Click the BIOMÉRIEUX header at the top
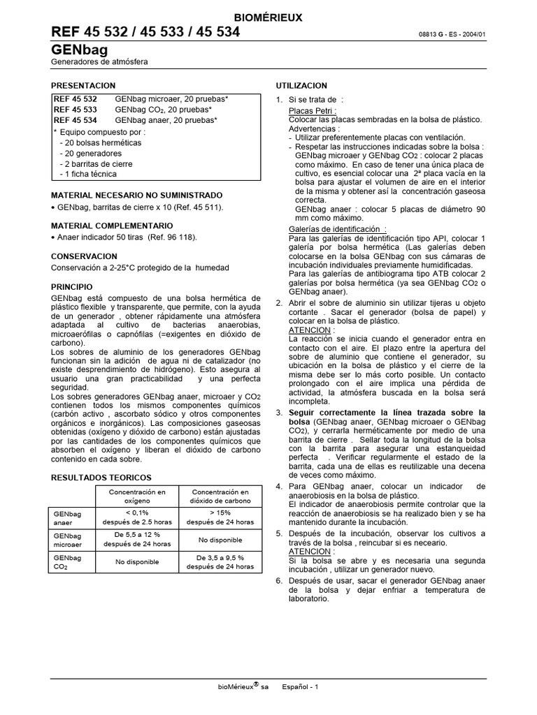pos(268,18)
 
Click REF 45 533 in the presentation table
pos(76,110)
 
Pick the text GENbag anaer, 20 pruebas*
pos(166,120)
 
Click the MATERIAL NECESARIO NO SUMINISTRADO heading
pos(137,195)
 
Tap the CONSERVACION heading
pos(84,256)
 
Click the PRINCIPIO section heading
pos(72,287)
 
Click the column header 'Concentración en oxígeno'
pos(136,496)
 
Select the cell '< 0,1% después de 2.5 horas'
pos(136,517)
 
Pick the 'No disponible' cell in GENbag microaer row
pos(220,540)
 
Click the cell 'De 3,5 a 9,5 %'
pos(220,558)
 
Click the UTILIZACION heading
pos(301,85)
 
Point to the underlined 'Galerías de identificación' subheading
pos(337,229)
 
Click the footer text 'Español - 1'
pos(300,687)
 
